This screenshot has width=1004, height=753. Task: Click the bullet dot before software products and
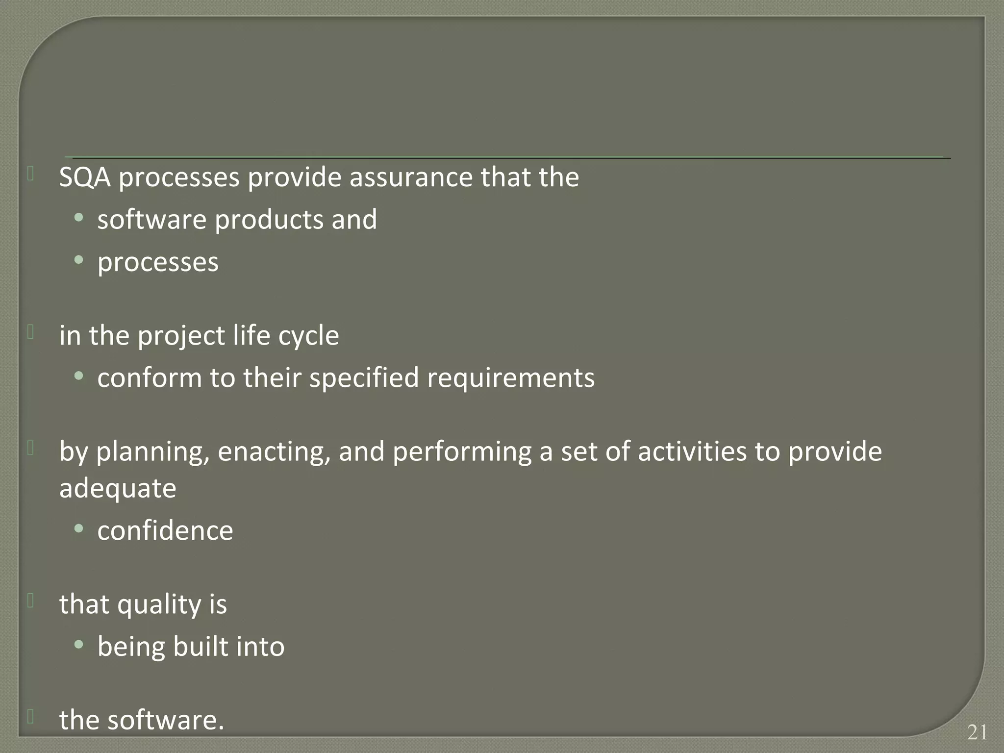pyautogui.click(x=79, y=217)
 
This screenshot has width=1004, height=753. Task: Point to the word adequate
pyautogui.click(x=118, y=489)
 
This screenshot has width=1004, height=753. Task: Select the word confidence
pyautogui.click(x=165, y=531)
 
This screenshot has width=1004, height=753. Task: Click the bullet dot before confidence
pyautogui.click(x=79, y=528)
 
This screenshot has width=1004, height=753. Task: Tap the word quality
pyautogui.click(x=159, y=604)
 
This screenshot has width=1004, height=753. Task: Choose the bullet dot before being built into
pyautogui.click(x=79, y=644)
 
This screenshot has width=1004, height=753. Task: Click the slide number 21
pyautogui.click(x=977, y=732)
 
